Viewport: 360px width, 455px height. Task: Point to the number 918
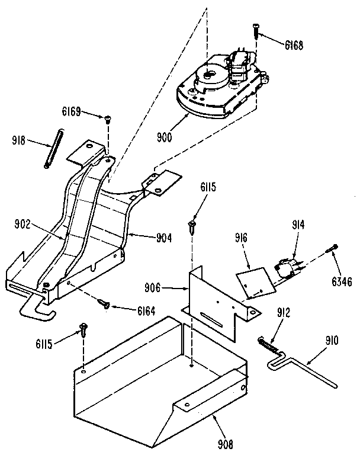click(20, 141)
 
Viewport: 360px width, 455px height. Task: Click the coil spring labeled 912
click(268, 343)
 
